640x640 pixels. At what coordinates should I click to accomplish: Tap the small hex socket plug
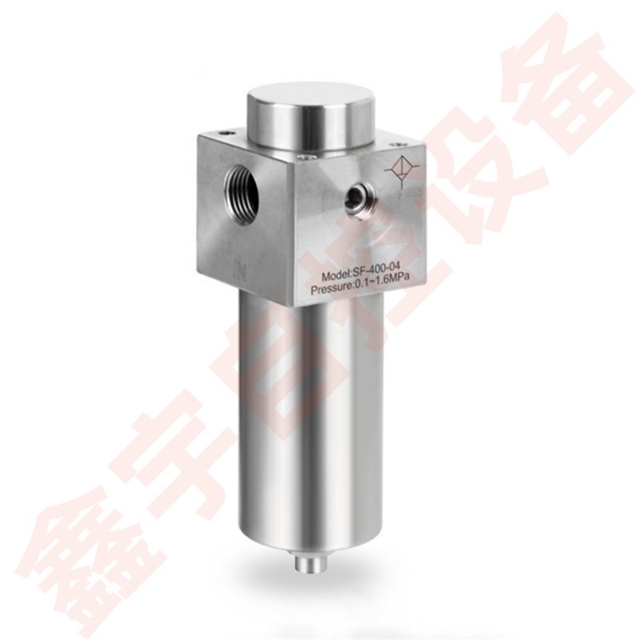coord(355,196)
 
